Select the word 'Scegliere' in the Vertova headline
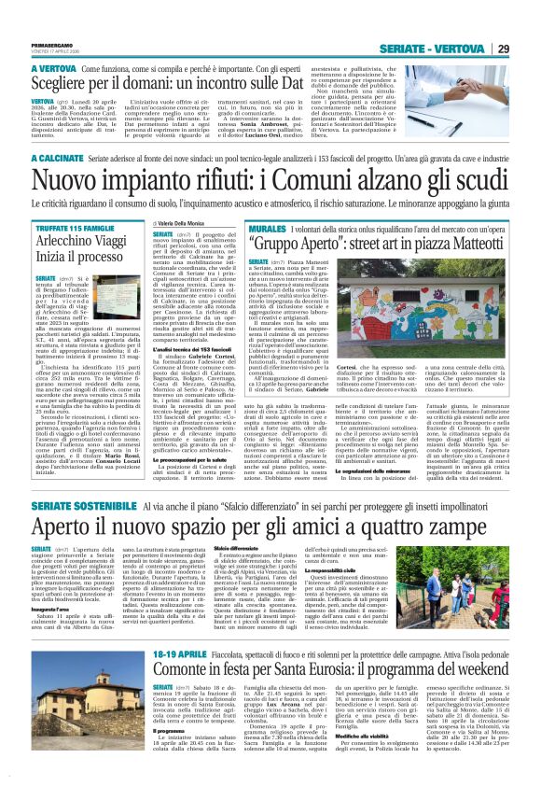pos(64,81)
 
